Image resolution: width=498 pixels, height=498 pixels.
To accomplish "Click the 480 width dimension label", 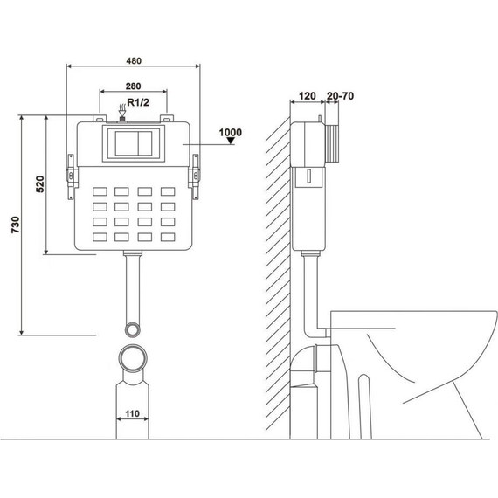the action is (134, 60).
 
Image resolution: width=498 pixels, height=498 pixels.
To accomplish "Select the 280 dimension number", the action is (134, 86).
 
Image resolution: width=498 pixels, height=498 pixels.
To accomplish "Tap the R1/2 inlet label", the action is (138, 102).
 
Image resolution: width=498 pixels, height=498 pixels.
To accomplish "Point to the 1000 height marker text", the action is (231, 132).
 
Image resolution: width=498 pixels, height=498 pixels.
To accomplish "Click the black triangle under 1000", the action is (231, 141).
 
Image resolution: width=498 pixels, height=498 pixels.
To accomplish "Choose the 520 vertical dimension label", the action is (40, 183).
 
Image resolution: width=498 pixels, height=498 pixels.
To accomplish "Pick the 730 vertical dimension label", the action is (15, 225).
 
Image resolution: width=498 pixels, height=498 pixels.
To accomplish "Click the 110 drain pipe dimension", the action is (133, 413).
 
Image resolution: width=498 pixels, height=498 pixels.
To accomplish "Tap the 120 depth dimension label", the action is (308, 96).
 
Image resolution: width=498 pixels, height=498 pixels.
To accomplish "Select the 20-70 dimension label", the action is (340, 96).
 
